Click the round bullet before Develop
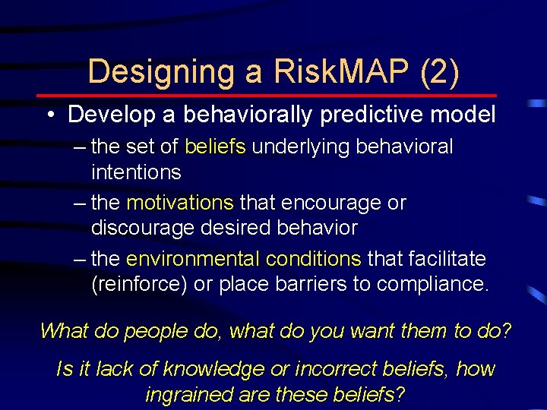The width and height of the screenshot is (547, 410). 49,115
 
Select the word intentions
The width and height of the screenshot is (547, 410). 136,172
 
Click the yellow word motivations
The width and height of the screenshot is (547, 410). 180,203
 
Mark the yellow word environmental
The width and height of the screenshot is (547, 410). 194,259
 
